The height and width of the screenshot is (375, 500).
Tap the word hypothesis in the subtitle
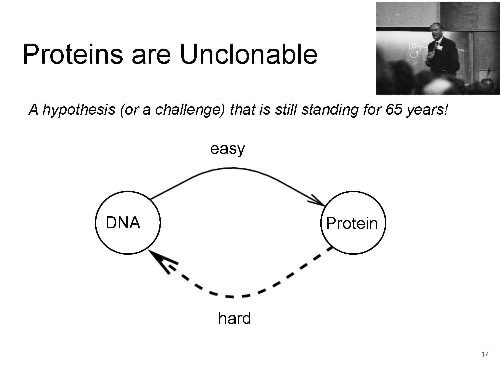pos(79,110)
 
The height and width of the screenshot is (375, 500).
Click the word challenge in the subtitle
pos(190,110)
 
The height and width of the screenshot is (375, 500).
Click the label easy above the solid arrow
pos(227,149)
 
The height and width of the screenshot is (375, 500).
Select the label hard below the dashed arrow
pos(234,318)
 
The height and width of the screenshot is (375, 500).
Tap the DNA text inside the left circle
pos(123,222)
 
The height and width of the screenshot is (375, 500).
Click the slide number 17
pos(485,354)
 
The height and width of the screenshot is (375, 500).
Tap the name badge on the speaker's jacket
pos(439,47)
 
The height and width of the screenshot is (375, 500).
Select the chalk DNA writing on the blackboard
pos(414,46)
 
